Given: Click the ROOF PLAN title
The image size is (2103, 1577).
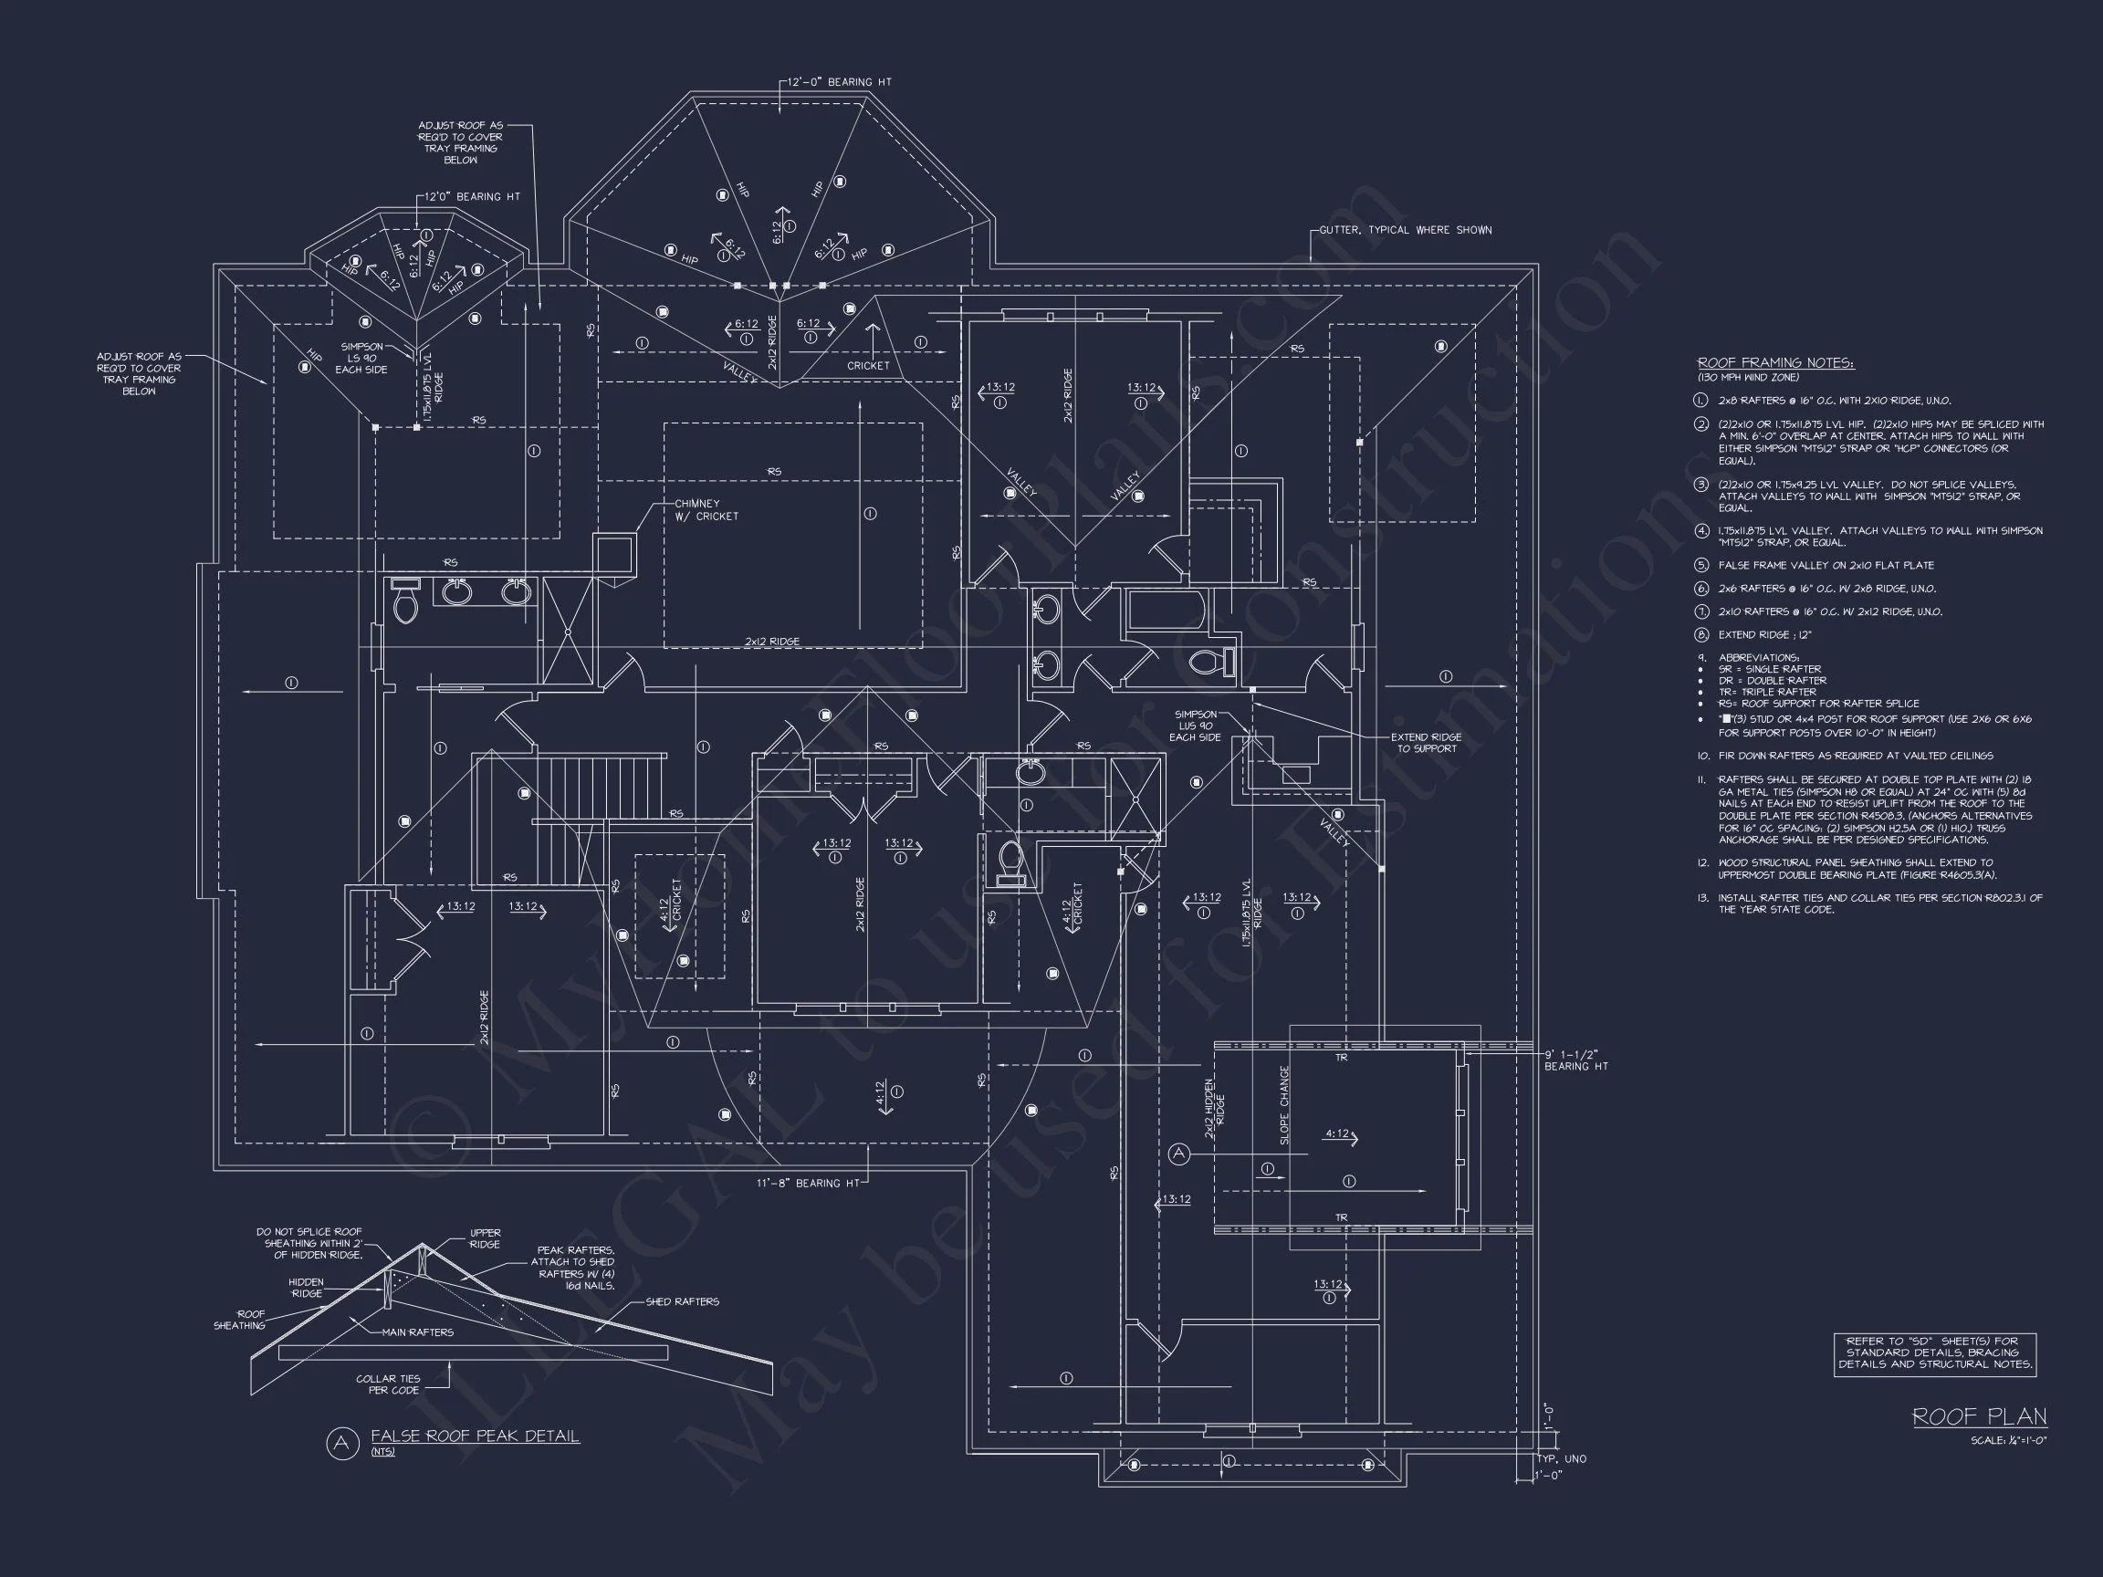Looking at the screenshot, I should [1980, 1417].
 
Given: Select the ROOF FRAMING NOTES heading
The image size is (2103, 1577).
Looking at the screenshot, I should [1775, 363].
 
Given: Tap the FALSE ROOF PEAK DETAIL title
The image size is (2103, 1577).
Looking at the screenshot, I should [475, 1436].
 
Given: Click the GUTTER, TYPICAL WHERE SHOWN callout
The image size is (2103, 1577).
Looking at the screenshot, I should [1405, 230].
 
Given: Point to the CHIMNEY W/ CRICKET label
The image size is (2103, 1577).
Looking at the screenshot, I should [706, 510].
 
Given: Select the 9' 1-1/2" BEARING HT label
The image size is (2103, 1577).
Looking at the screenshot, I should [1575, 1060].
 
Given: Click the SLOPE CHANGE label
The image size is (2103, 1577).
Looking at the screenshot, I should [1284, 1104].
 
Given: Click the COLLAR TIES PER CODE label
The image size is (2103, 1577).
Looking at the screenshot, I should [388, 1385].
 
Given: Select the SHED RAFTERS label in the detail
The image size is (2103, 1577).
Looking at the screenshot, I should [682, 1302].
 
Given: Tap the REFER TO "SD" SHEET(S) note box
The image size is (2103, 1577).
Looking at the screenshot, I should [1935, 1353].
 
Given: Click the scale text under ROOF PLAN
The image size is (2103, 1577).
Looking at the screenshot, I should [2008, 1441].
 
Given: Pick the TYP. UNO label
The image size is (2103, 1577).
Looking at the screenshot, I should [1561, 1459].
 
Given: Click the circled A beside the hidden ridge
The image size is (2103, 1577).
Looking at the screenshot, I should [1179, 1154].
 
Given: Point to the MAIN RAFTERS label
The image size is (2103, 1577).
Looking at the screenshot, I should [417, 1332].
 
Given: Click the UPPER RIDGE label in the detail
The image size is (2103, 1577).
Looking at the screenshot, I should [485, 1238].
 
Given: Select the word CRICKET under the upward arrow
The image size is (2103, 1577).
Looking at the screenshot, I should [868, 366].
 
